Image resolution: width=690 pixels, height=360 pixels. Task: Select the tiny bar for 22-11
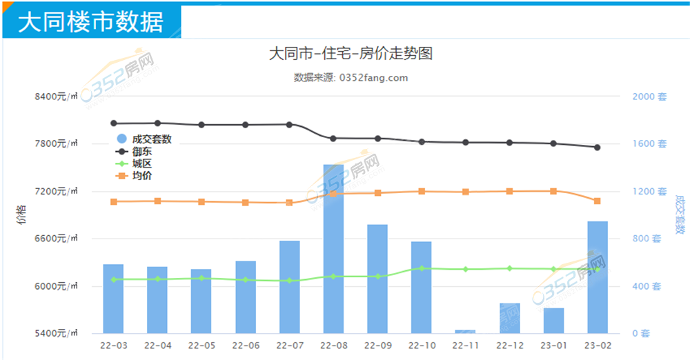(465, 332)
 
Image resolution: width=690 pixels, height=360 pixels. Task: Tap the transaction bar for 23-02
(597, 277)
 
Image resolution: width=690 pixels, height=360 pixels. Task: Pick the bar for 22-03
(113, 299)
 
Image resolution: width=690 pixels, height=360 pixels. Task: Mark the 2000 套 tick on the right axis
(649, 97)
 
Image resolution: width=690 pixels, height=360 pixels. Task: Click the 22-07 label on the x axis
(289, 345)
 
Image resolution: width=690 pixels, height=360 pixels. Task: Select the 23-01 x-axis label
(553, 345)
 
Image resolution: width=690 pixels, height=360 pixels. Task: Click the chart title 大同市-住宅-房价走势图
(351, 54)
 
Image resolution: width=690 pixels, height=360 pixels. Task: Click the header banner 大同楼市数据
(90, 22)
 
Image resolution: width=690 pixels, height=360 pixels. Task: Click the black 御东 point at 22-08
(333, 139)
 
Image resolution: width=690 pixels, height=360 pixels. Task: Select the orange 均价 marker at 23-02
(597, 201)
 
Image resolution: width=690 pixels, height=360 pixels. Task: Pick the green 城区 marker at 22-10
(421, 268)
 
